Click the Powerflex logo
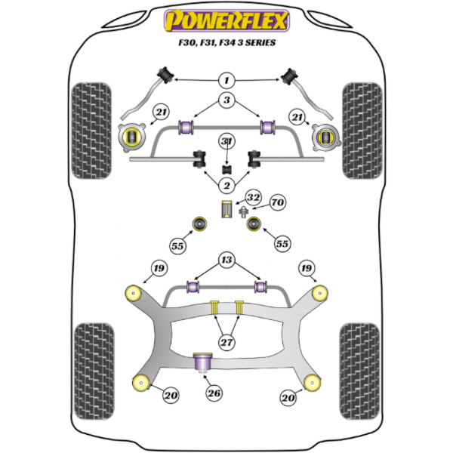click(226, 21)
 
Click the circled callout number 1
click(226, 79)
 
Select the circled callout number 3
click(226, 100)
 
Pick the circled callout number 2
click(226, 186)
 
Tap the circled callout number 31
click(226, 142)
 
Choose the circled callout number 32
click(254, 199)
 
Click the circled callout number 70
click(276, 203)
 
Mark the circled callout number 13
click(226, 261)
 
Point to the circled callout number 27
click(226, 341)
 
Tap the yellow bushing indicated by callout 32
click(226, 209)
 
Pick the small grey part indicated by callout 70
click(243, 212)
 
